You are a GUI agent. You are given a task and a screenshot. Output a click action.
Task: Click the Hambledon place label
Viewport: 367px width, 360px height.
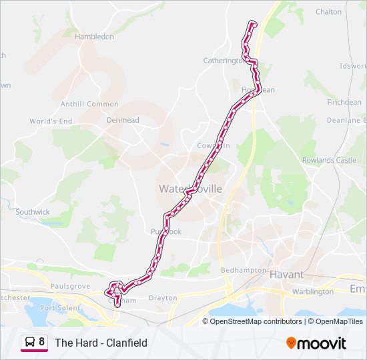pyautogui.click(x=94, y=37)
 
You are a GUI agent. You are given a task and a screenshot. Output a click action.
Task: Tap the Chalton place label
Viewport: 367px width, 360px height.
pyautogui.click(x=328, y=12)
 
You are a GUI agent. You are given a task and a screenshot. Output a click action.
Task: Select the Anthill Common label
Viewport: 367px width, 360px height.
pyautogui.click(x=89, y=104)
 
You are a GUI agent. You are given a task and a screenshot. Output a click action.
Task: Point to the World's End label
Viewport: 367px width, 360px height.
pyautogui.click(x=51, y=121)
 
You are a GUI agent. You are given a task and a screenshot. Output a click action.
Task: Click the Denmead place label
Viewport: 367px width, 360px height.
pyautogui.click(x=123, y=120)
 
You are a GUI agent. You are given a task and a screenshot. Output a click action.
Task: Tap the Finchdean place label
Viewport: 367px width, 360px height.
pyautogui.click(x=344, y=103)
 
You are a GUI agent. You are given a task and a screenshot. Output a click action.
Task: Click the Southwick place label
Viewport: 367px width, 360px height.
pyautogui.click(x=33, y=212)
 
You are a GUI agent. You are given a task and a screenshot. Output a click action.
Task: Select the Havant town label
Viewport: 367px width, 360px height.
pyautogui.click(x=286, y=274)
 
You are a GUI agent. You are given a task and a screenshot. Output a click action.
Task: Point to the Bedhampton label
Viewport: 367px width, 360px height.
pyautogui.click(x=244, y=270)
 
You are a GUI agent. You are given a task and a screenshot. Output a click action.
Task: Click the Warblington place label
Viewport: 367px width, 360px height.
pyautogui.click(x=312, y=291)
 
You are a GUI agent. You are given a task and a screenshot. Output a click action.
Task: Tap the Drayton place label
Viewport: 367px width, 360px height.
pyautogui.click(x=163, y=298)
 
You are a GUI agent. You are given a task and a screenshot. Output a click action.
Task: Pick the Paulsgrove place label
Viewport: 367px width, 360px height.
pyautogui.click(x=70, y=286)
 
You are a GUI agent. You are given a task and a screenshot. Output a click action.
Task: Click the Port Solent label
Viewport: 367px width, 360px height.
pyautogui.click(x=59, y=308)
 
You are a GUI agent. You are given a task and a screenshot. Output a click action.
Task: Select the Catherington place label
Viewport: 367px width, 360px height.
pyautogui.click(x=224, y=61)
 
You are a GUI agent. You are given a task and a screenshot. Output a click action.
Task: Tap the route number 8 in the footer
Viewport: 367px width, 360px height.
pyautogui.click(x=42, y=343)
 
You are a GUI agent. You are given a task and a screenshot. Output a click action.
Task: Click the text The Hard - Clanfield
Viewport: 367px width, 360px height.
pyautogui.click(x=101, y=343)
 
